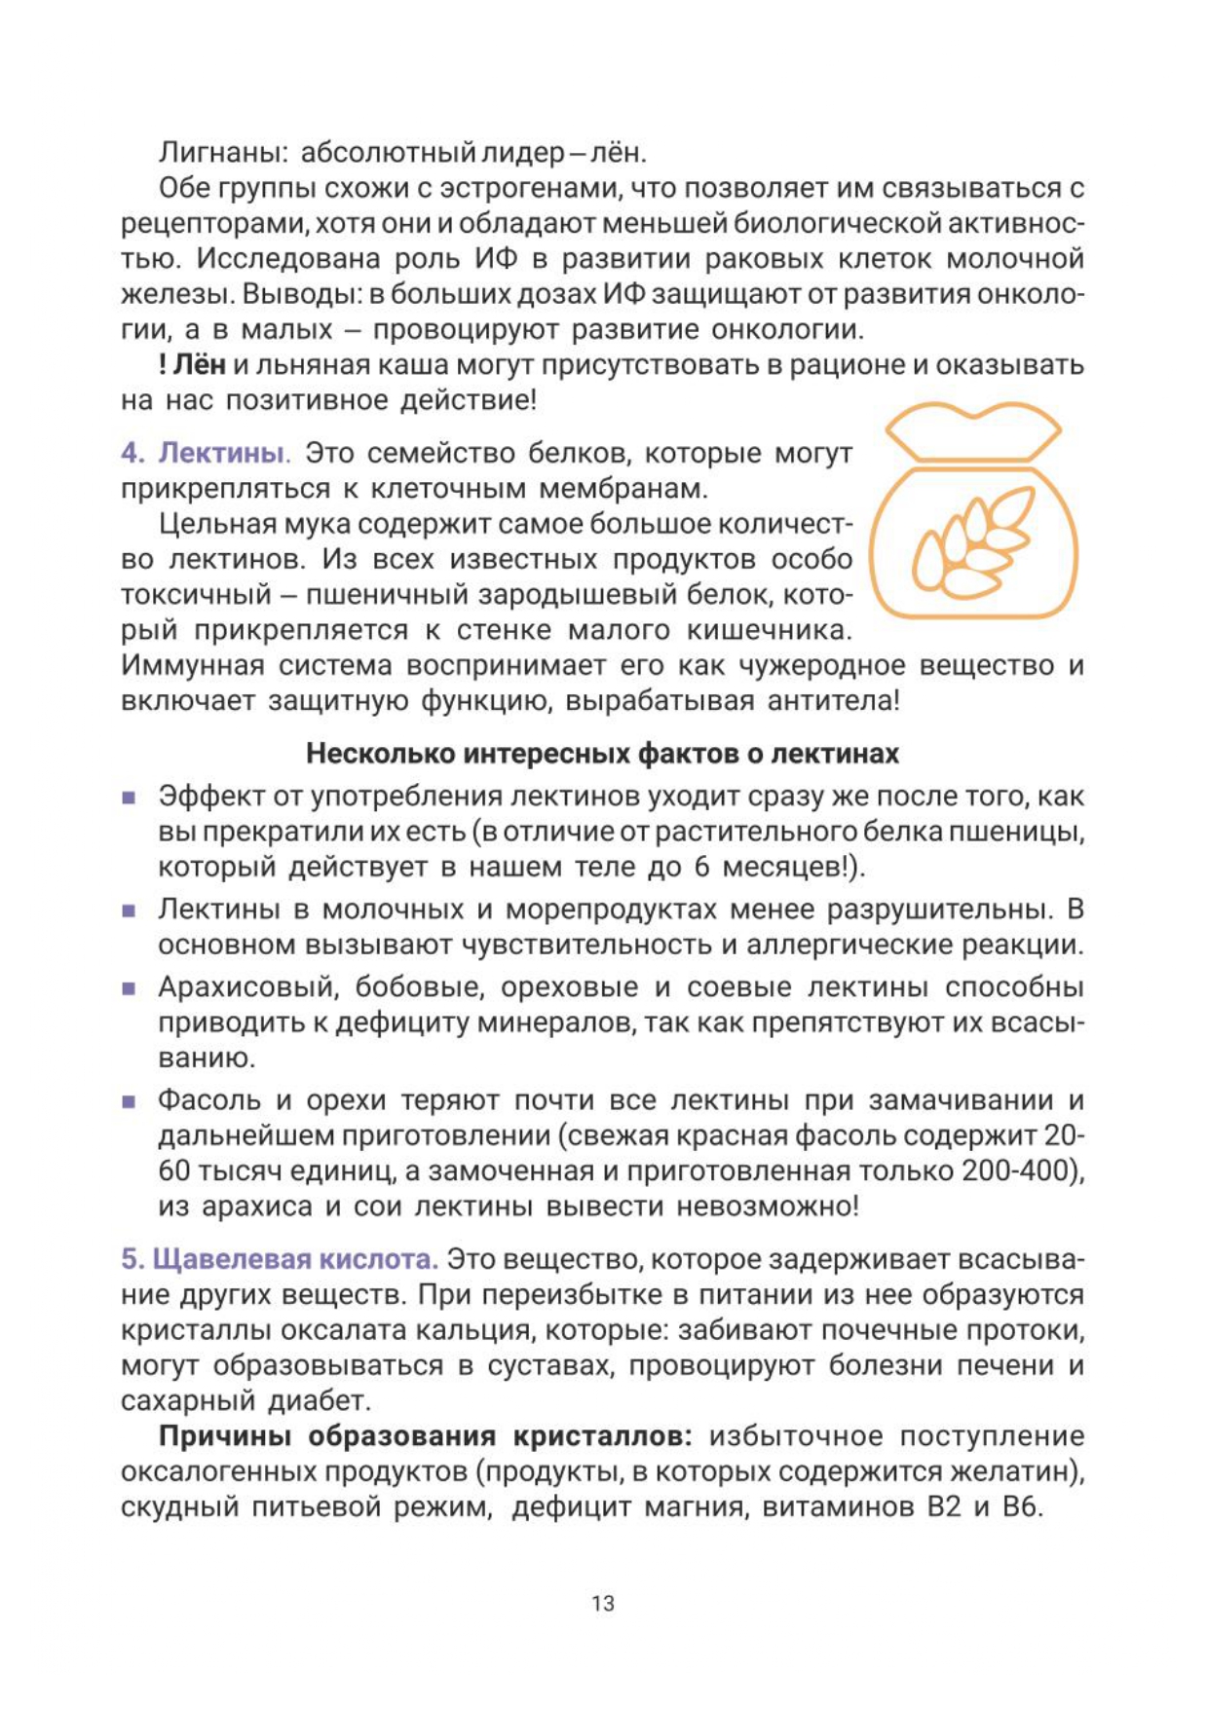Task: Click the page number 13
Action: [602, 1603]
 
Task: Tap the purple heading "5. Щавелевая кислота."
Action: [280, 1259]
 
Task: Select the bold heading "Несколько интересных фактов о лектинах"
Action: [602, 754]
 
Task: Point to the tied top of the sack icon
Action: [973, 433]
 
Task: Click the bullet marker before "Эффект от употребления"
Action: [129, 798]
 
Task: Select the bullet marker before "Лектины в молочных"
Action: [129, 910]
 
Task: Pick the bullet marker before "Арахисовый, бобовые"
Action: [129, 988]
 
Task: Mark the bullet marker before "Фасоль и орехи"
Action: [129, 1101]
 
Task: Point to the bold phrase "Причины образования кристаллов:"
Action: [426, 1436]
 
